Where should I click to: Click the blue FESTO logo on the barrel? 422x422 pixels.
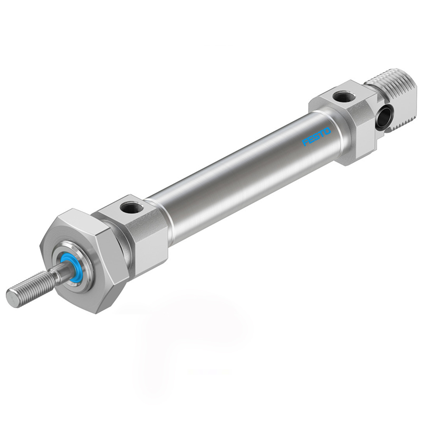pos(317,137)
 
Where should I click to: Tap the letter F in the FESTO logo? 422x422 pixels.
pos(306,142)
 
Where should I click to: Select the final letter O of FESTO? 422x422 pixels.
pos(328,131)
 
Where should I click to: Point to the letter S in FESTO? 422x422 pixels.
pos(317,137)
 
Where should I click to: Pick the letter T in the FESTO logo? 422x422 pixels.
pos(322,134)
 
